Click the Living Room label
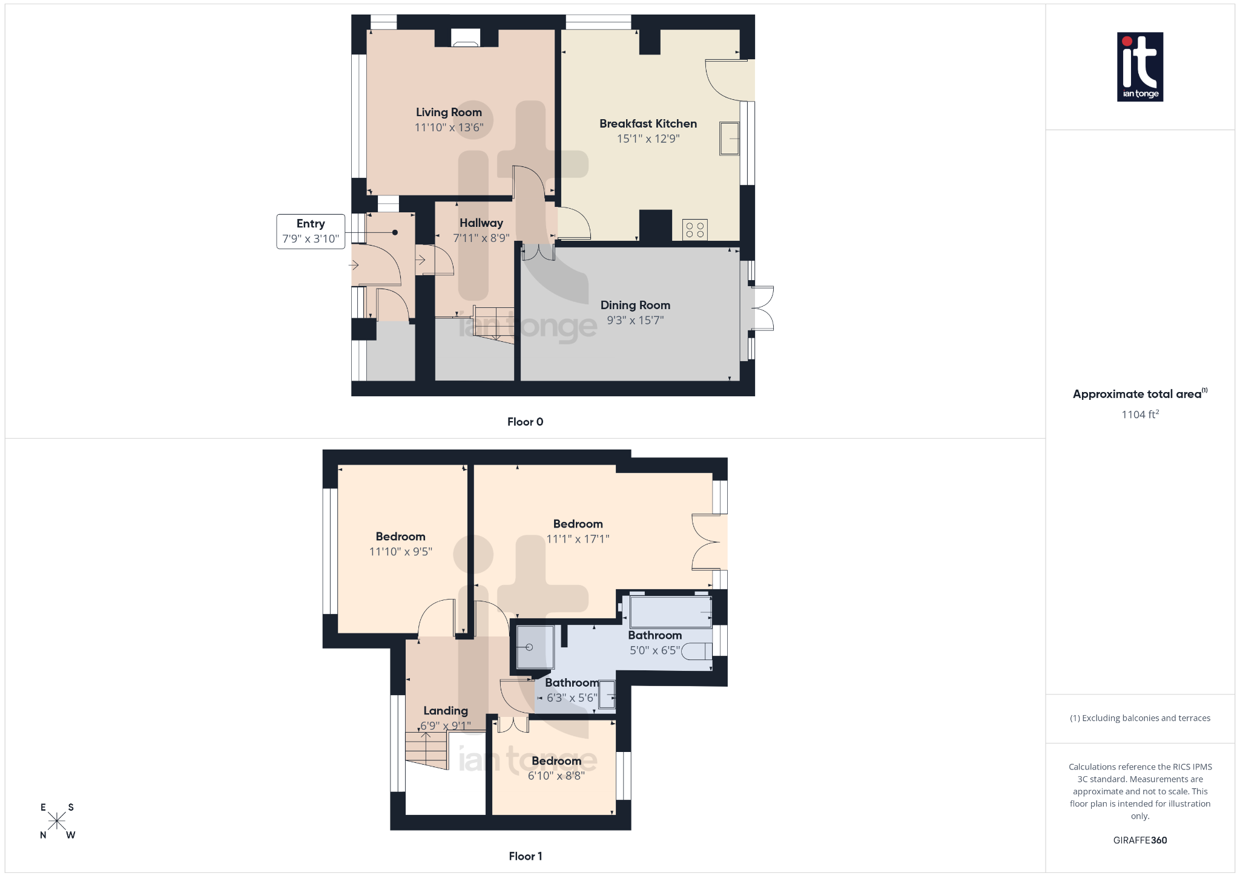tap(449, 113)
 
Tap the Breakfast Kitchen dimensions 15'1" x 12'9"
tap(648, 139)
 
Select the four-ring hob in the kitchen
tap(694, 230)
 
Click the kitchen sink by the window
tap(729, 139)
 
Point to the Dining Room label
tap(635, 305)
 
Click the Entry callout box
tap(311, 231)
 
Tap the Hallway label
tap(481, 223)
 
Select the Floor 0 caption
tap(525, 422)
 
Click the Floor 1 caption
tap(525, 856)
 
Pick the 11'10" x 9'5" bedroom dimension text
tap(400, 552)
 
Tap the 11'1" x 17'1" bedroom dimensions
tap(578, 538)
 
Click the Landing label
tap(446, 711)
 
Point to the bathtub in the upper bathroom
tap(670, 612)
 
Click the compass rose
tap(57, 821)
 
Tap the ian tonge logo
tap(1139, 67)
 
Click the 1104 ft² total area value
tap(1139, 414)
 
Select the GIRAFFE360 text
tap(1139, 840)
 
